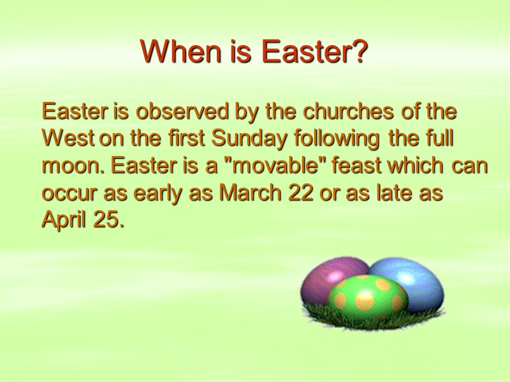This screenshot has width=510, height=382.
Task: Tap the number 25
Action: [x=105, y=221]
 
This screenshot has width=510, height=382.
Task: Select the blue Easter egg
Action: [x=412, y=280]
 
